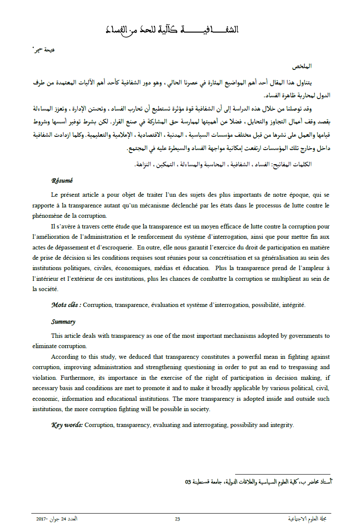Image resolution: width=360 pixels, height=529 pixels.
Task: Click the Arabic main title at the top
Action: (172, 30)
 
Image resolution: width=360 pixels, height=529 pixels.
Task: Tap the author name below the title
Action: (44, 50)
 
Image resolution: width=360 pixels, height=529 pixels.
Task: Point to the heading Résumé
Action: (62, 181)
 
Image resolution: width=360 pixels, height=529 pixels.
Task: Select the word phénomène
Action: (47, 216)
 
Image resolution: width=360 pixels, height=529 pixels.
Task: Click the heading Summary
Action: (63, 322)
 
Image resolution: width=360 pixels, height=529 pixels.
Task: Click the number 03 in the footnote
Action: (188, 481)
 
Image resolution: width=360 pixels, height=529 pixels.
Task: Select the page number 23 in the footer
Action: (177, 519)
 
